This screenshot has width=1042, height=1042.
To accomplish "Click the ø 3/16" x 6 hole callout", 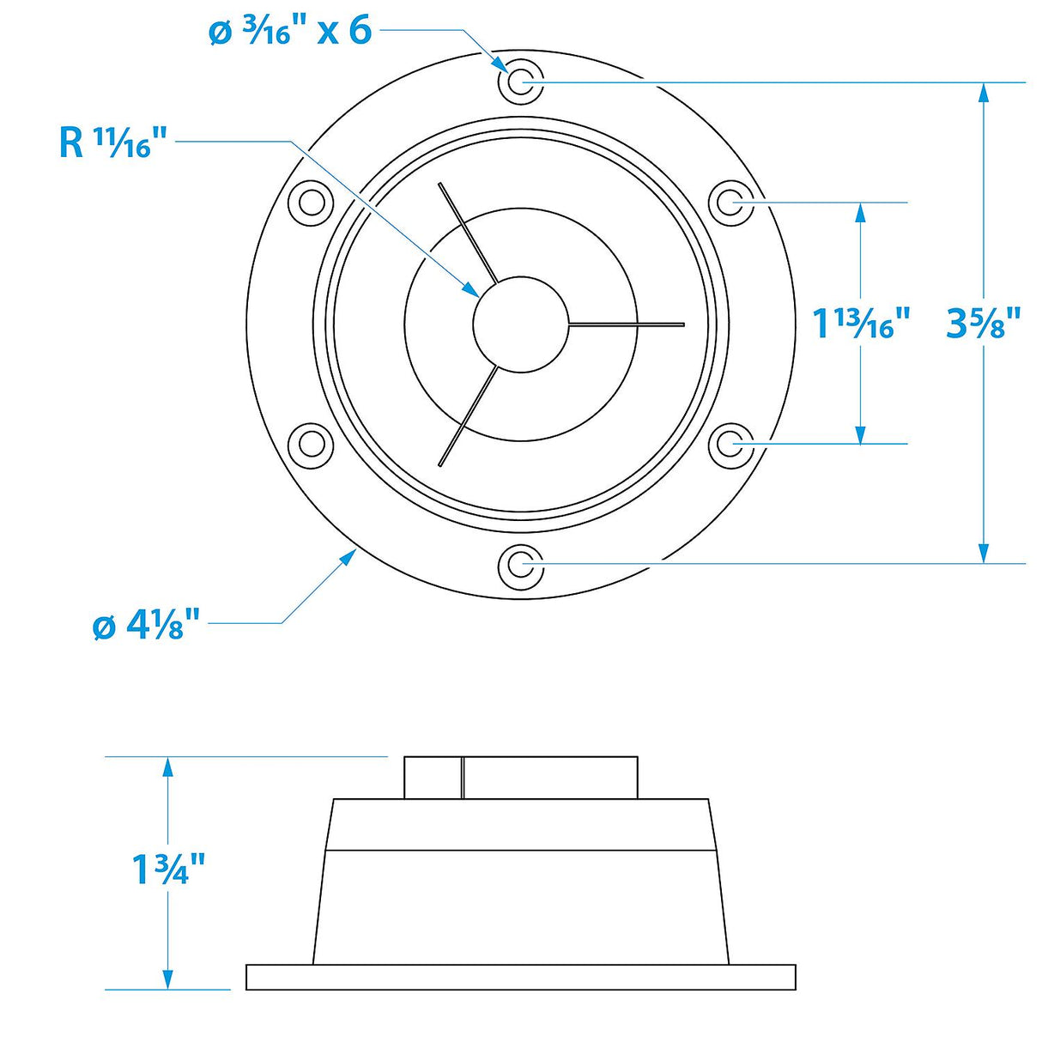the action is (290, 32).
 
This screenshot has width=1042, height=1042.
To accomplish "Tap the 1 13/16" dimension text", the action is (860, 323).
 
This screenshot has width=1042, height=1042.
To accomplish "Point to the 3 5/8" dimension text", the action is (982, 323).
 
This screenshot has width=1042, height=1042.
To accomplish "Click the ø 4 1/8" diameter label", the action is (146, 626).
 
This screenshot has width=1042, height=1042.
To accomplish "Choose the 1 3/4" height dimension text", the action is (169, 869).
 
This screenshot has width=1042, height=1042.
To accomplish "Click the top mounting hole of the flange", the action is (520, 82).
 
